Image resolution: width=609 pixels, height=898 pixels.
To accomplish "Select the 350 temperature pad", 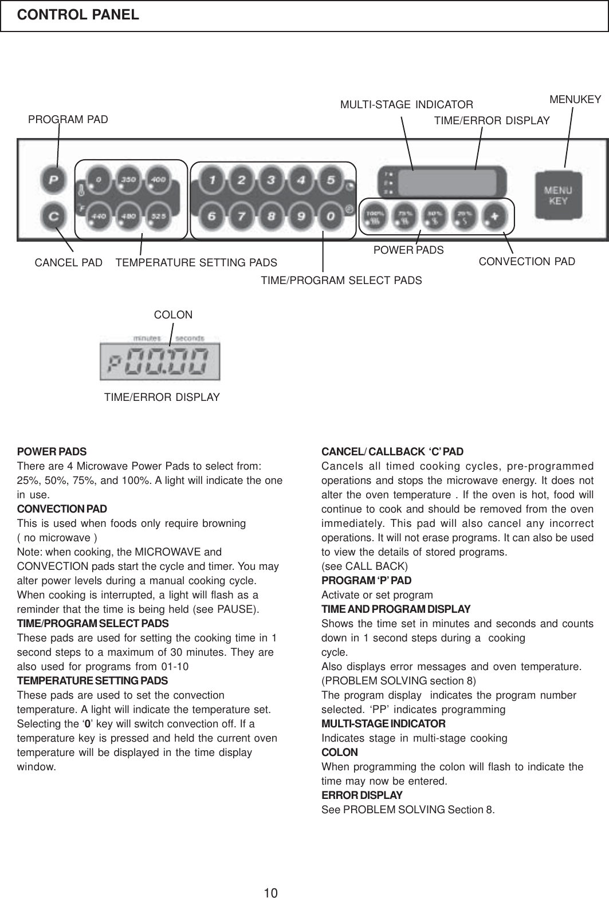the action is pyautogui.click(x=128, y=179).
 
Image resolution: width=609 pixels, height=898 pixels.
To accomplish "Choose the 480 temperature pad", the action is pyautogui.click(x=128, y=217).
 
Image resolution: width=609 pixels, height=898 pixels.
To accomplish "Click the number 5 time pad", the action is pyautogui.click(x=330, y=180).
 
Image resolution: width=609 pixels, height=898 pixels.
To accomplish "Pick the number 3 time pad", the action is pyautogui.click(x=270, y=180).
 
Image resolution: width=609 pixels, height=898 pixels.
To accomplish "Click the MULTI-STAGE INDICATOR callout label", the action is pyautogui.click(x=407, y=105).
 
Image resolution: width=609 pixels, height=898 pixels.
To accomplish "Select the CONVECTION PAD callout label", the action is pyautogui.click(x=527, y=262).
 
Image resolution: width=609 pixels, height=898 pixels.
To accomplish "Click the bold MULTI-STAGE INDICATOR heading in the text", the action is pyautogui.click(x=383, y=723).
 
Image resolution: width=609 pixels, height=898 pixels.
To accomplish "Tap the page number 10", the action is pyautogui.click(x=271, y=892).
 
